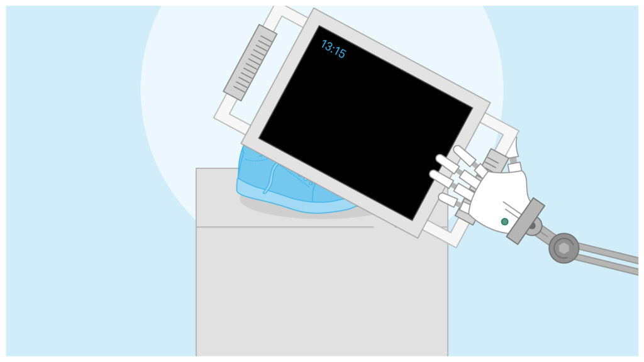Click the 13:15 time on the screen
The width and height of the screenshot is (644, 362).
click(x=333, y=49)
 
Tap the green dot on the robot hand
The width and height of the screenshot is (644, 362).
click(x=505, y=222)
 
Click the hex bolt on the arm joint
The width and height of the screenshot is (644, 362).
click(x=564, y=248)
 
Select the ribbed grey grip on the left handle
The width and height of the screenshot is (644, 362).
click(x=250, y=62)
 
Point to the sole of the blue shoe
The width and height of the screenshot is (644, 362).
click(x=287, y=202)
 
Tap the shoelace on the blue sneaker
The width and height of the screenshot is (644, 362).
click(x=271, y=178)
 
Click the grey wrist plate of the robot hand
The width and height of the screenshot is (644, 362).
click(x=526, y=221)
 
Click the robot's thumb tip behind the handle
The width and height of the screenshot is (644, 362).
click(x=513, y=148)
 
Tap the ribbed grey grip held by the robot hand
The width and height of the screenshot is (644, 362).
click(x=496, y=160)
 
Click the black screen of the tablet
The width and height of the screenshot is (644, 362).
click(x=365, y=123)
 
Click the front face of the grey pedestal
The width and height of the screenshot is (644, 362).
click(x=322, y=292)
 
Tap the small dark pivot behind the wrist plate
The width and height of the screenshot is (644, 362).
click(x=533, y=226)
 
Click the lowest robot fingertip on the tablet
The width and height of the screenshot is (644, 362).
click(x=447, y=200)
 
